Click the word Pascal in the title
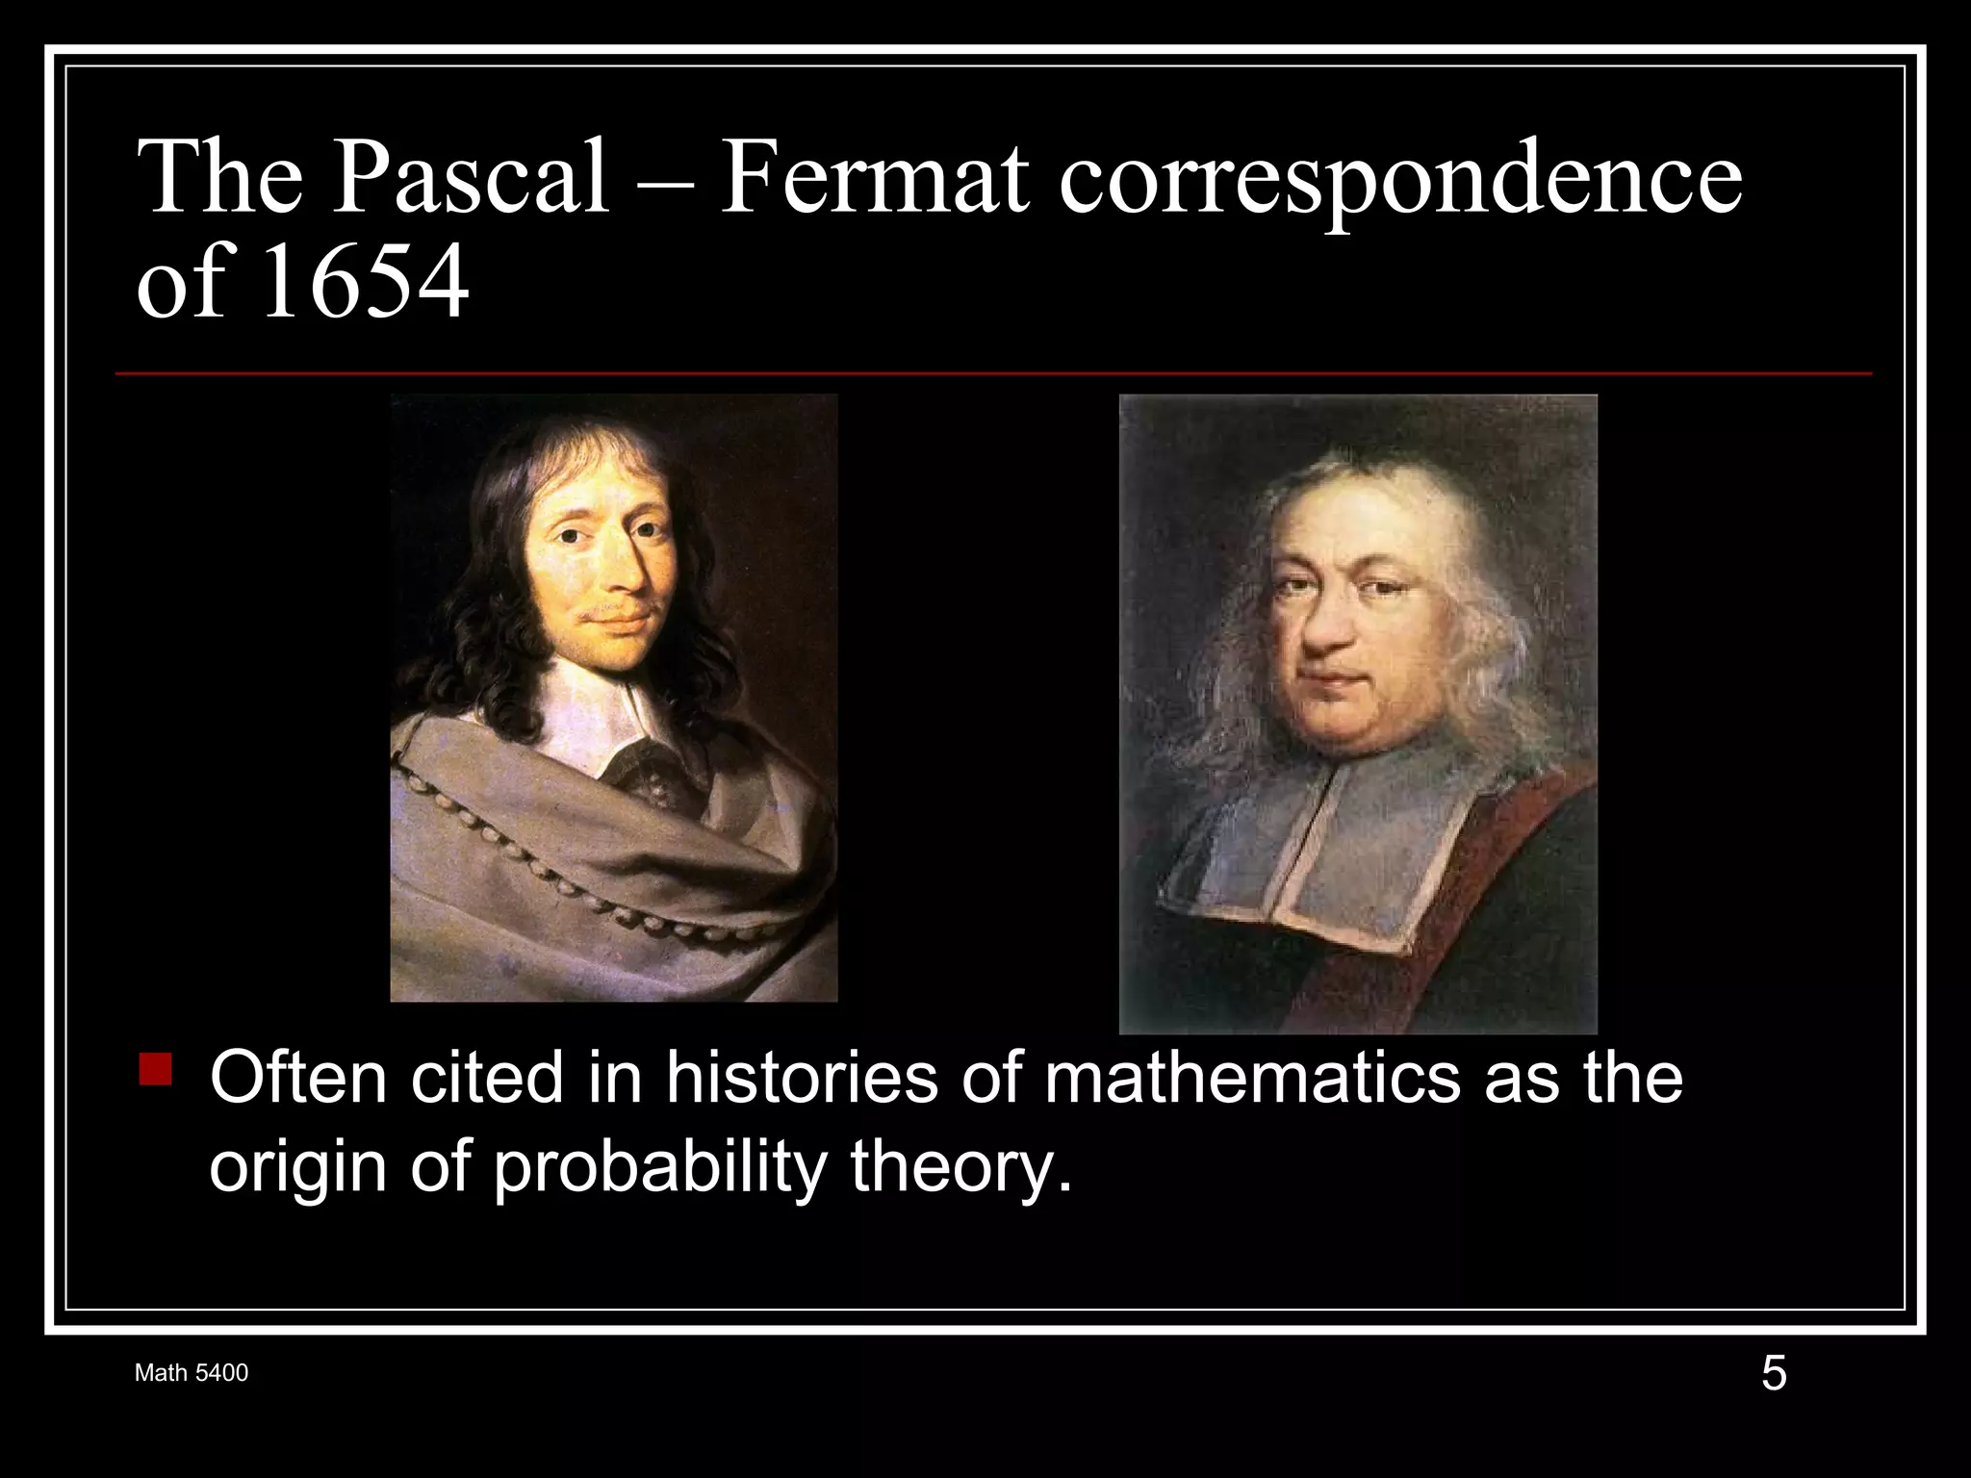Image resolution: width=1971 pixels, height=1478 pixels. click(x=471, y=178)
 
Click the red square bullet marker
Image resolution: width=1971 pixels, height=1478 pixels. click(x=155, y=1069)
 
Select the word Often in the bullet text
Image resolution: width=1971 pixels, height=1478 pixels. click(x=299, y=1078)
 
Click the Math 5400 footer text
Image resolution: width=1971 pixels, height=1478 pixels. click(x=192, y=1373)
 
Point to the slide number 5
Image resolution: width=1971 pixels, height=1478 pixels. click(x=1773, y=1373)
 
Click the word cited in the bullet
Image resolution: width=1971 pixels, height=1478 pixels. click(x=487, y=1078)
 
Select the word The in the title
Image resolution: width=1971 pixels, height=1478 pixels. click(x=220, y=178)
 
